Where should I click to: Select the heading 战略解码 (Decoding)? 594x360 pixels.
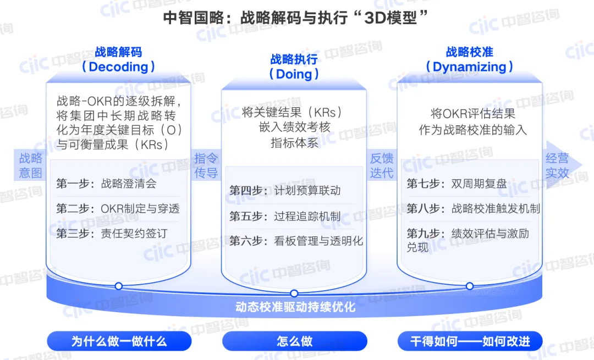pyautogui.click(x=118, y=59)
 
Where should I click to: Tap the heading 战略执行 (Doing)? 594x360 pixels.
pyautogui.click(x=294, y=67)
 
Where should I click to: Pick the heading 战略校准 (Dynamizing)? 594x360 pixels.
pyautogui.click(x=470, y=59)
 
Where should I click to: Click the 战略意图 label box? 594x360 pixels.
pyautogui.click(x=31, y=165)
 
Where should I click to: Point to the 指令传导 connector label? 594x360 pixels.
pyautogui.click(x=206, y=165)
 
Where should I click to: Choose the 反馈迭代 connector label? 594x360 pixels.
pyautogui.click(x=382, y=165)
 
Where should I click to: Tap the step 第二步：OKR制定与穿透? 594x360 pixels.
pyautogui.click(x=118, y=209)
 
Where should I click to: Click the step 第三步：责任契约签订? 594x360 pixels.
pyautogui.click(x=112, y=234)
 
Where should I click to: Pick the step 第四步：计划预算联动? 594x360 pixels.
pyautogui.click(x=285, y=191)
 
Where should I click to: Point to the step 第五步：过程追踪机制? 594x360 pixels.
pyautogui.click(x=285, y=216)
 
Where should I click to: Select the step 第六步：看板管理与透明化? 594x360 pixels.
pyautogui.click(x=296, y=241)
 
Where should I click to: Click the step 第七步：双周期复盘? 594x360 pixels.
pyautogui.click(x=457, y=184)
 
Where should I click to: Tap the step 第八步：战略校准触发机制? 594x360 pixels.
pyautogui.click(x=473, y=209)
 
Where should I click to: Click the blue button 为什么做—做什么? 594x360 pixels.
pyautogui.click(x=119, y=341)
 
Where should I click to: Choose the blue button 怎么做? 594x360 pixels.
pyautogui.click(x=295, y=341)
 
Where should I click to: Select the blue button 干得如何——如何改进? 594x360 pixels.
pyautogui.click(x=470, y=341)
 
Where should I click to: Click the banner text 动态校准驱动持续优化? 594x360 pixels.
pyautogui.click(x=295, y=307)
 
